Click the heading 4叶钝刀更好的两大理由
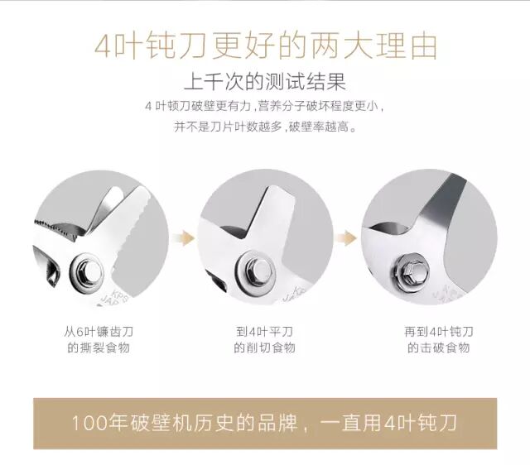(265, 46)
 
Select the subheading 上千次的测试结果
(265, 81)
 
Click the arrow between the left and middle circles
(184, 238)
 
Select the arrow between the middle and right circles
(346, 238)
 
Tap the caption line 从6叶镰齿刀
(99, 332)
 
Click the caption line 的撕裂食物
(99, 348)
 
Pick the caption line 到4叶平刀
(265, 332)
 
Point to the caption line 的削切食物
(265, 348)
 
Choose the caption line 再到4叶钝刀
(439, 332)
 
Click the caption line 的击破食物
(439, 348)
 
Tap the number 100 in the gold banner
(89, 423)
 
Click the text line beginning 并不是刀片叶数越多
(265, 127)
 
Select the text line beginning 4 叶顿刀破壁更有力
(265, 107)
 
